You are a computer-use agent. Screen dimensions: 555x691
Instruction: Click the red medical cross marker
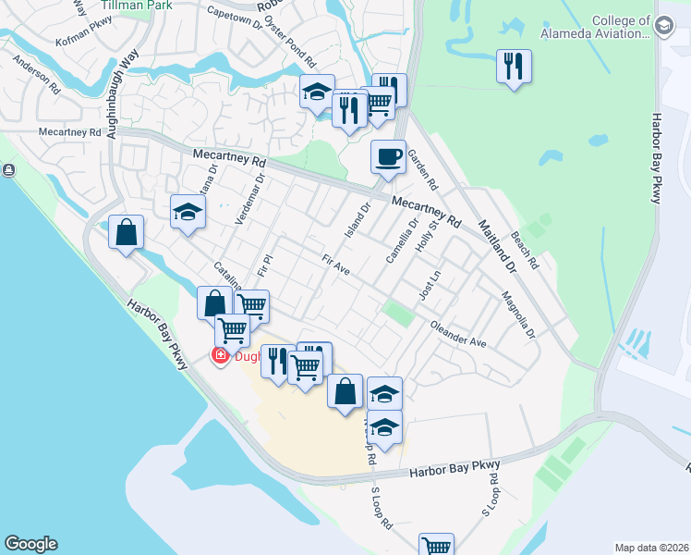click(221, 355)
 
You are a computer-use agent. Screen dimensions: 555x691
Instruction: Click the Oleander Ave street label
click(458, 334)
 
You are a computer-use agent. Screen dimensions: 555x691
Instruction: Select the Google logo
click(30, 544)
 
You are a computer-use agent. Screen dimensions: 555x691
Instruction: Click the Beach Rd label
click(524, 249)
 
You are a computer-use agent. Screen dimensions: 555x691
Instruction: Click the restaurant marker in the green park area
click(514, 67)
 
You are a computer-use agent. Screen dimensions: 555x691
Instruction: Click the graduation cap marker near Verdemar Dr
click(188, 212)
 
